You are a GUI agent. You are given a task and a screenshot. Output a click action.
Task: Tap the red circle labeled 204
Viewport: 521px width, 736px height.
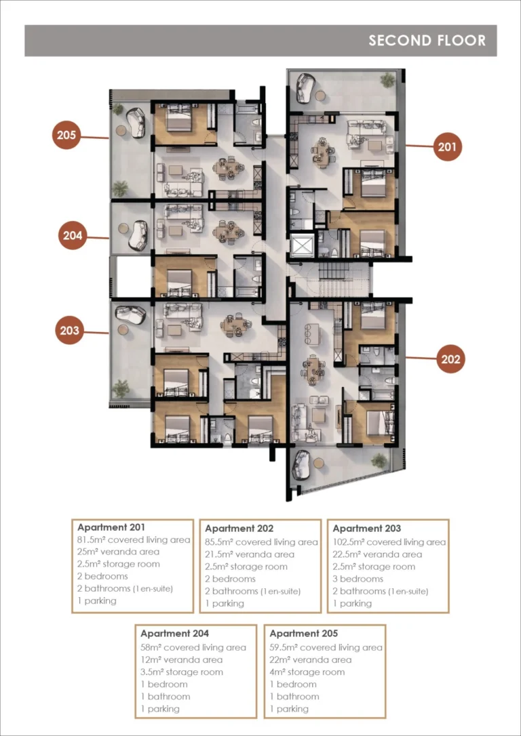pyautogui.click(x=73, y=236)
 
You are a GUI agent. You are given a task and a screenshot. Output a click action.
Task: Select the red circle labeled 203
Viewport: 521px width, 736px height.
pyautogui.click(x=70, y=331)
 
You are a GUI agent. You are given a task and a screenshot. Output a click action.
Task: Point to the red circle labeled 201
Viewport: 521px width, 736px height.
pyautogui.click(x=447, y=147)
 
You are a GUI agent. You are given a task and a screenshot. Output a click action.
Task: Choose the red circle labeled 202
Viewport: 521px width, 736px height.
pyautogui.click(x=451, y=359)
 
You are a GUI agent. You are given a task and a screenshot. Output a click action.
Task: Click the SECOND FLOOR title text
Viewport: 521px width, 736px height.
pyautogui.click(x=427, y=41)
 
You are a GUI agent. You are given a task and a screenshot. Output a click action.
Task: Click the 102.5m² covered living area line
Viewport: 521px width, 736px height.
pyautogui.click(x=389, y=542)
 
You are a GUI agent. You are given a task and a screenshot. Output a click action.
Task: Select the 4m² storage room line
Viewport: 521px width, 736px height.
pyautogui.click(x=307, y=672)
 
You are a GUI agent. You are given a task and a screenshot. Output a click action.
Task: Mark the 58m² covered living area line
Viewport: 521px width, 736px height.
pyautogui.click(x=193, y=648)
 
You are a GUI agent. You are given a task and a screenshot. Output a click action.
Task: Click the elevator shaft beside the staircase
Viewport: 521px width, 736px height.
pyautogui.click(x=301, y=245)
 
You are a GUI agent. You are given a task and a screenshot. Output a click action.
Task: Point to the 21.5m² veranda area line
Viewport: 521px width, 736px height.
pyautogui.click(x=250, y=554)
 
